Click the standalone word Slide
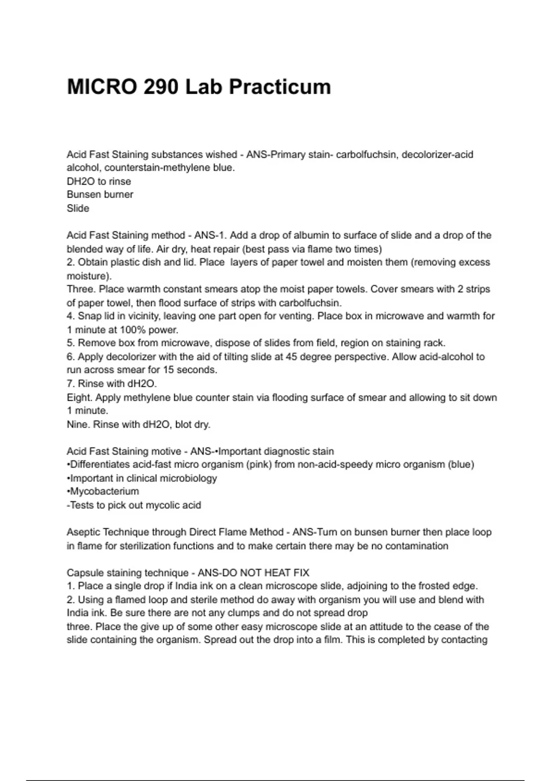pyautogui.click(x=78, y=208)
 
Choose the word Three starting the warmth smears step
pyautogui.click(x=80, y=289)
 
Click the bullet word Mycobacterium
pyautogui.click(x=104, y=492)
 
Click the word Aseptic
pyautogui.click(x=83, y=532)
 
